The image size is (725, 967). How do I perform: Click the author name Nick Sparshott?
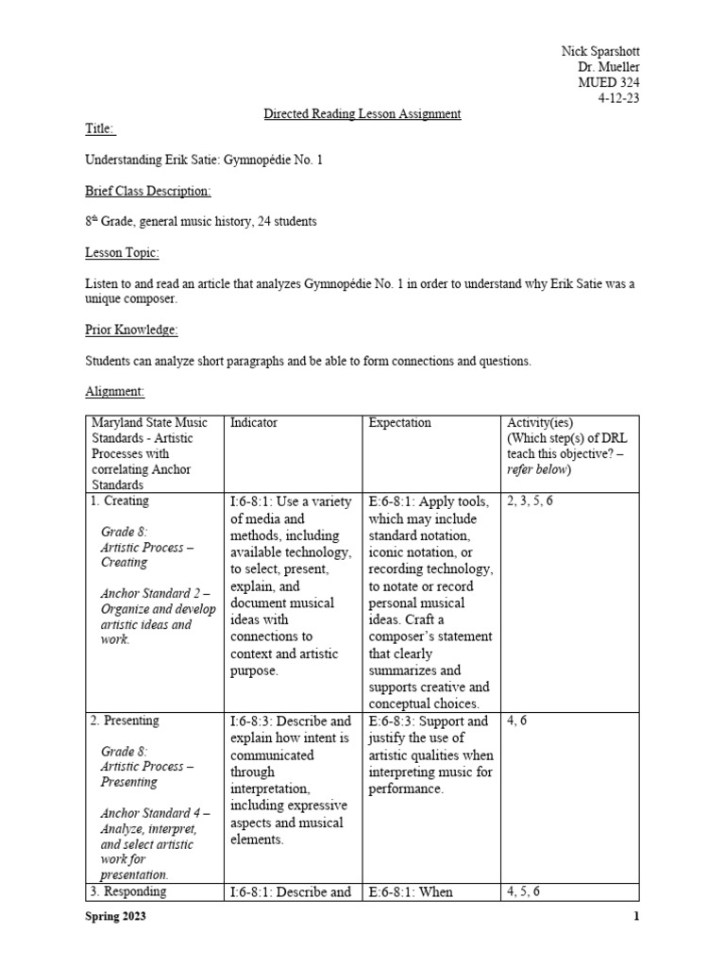pyautogui.click(x=599, y=50)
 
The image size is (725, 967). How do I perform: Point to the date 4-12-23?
pyautogui.click(x=618, y=98)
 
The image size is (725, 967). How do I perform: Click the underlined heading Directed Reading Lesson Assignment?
pyautogui.click(x=362, y=114)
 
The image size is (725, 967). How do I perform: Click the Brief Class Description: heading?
pyautogui.click(x=148, y=191)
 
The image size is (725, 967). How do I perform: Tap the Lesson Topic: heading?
pyautogui.click(x=123, y=253)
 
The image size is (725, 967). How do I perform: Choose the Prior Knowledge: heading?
pyautogui.click(x=131, y=330)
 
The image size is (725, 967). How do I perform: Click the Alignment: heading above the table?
pyautogui.click(x=115, y=391)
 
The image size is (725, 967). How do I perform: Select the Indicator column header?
pyautogui.click(x=253, y=423)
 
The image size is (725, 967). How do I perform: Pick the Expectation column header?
pyautogui.click(x=399, y=423)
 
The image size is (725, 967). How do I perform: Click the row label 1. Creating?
pyautogui.click(x=120, y=500)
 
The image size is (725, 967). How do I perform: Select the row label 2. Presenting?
pyautogui.click(x=125, y=721)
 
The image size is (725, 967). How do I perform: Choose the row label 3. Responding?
pyautogui.click(x=128, y=891)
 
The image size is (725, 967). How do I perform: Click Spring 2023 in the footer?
pyautogui.click(x=115, y=917)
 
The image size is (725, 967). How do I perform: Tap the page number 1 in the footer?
pyautogui.click(x=636, y=917)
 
